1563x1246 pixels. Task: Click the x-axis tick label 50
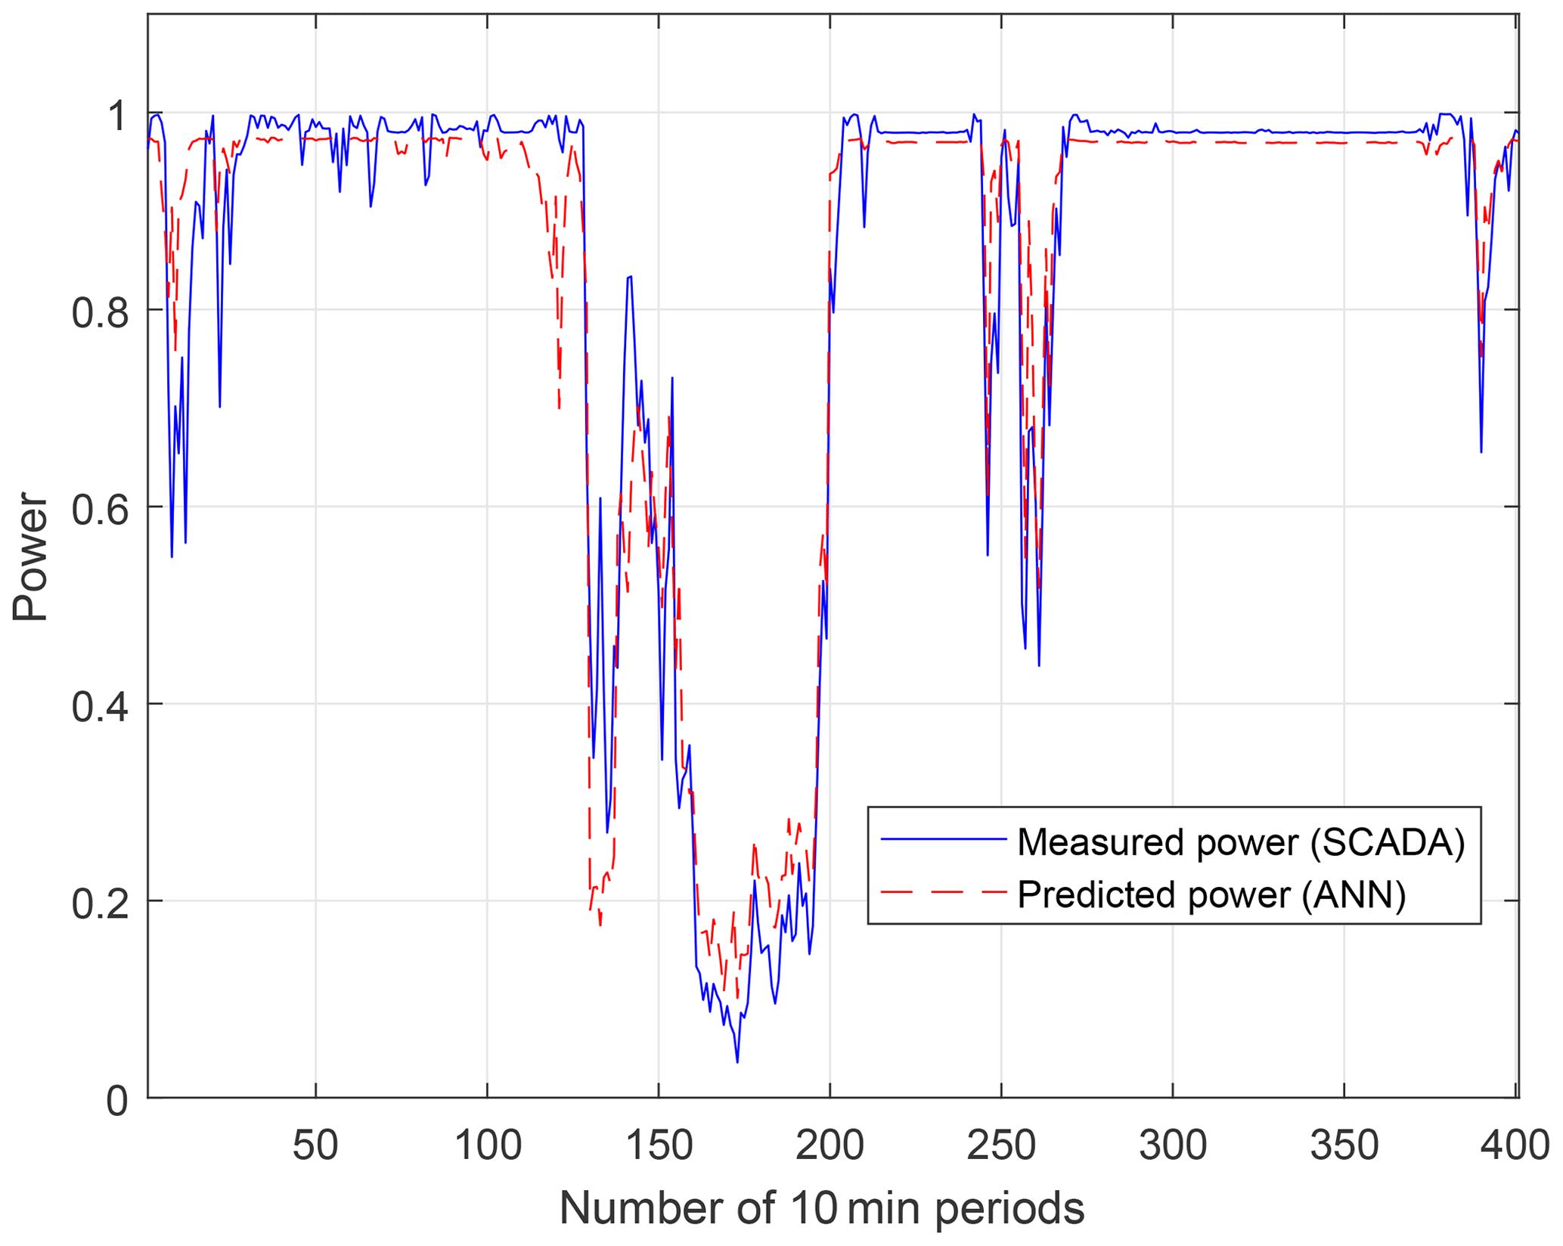(x=315, y=1145)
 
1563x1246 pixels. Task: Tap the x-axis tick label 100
(x=487, y=1145)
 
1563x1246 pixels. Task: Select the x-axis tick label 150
(x=659, y=1145)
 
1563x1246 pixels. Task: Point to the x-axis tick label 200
(x=830, y=1145)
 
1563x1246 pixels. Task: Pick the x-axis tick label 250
(x=1001, y=1145)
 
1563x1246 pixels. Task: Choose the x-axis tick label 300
(x=1172, y=1145)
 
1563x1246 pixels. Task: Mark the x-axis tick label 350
(x=1344, y=1145)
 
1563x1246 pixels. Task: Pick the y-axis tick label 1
(x=117, y=115)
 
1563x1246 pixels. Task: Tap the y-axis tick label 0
(x=117, y=1101)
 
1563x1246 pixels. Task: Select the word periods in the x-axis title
(x=1009, y=1209)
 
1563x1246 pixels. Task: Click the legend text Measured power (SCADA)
(x=1241, y=842)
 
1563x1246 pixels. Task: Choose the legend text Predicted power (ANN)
(x=1211, y=894)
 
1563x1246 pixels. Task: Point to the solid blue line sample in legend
(x=943, y=838)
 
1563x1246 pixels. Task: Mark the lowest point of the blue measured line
(x=737, y=1062)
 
